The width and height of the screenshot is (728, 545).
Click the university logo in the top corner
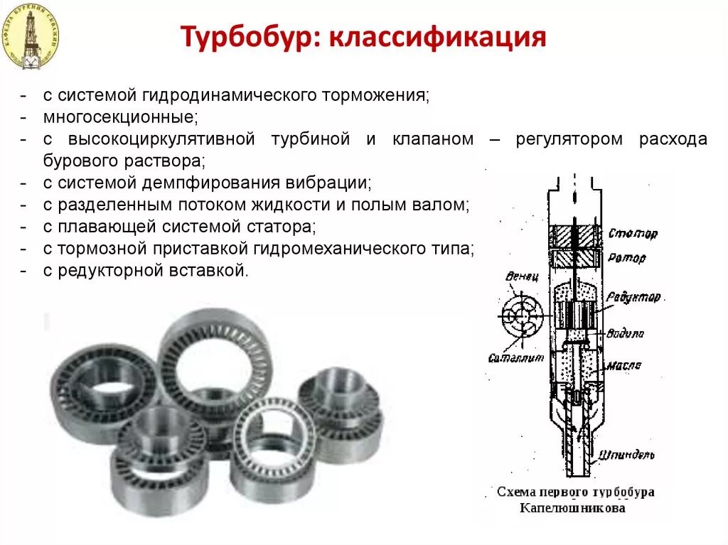(31, 36)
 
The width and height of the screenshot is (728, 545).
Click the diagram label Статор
(633, 233)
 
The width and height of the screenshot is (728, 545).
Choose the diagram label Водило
(626, 333)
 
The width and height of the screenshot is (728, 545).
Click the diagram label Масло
(624, 365)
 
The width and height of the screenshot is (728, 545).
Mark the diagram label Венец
(521, 276)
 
